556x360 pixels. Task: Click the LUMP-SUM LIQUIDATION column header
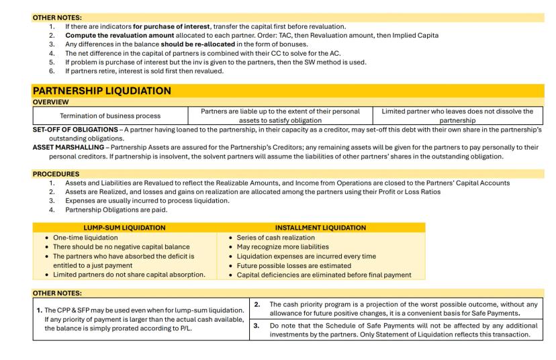[125, 228]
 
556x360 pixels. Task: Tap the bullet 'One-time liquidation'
[75, 238]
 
